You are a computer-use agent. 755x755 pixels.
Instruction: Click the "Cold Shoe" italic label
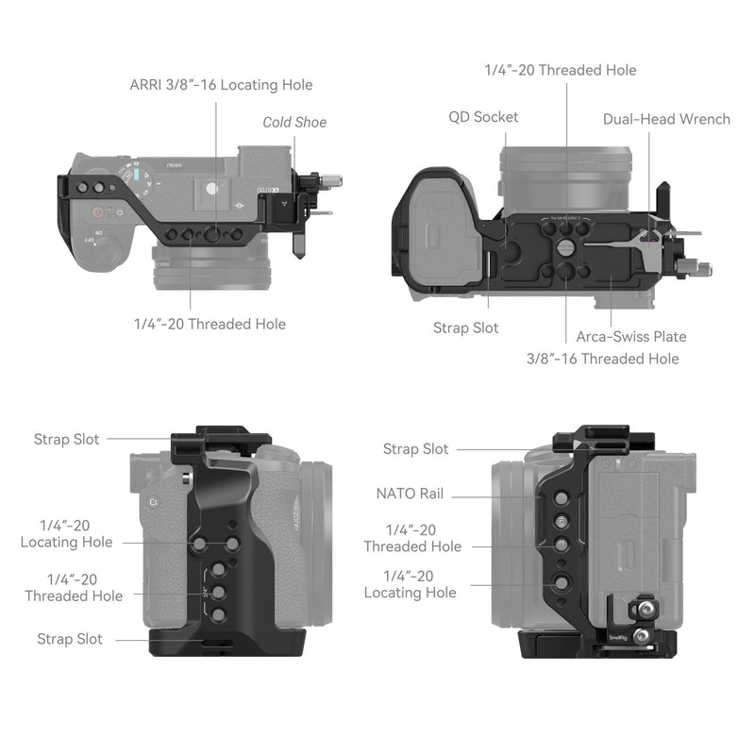tap(294, 122)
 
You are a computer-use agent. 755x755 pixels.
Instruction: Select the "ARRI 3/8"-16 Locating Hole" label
tap(221, 85)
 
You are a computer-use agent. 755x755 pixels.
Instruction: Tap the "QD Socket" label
tap(483, 117)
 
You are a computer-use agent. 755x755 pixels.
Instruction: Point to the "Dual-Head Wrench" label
tap(666, 119)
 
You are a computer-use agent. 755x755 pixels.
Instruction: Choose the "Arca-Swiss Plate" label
tap(631, 336)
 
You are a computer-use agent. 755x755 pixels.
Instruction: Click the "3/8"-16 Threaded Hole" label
tap(602, 359)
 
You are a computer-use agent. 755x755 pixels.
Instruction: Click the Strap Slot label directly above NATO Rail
tap(415, 449)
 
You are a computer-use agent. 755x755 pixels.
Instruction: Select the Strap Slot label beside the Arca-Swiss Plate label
tap(466, 327)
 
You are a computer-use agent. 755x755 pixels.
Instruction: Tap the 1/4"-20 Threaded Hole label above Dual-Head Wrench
tap(560, 70)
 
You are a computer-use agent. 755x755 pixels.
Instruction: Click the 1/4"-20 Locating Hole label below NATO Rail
tap(410, 584)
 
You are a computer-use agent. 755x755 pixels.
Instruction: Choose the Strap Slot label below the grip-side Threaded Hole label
tap(69, 639)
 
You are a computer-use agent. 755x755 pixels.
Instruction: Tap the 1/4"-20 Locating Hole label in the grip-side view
tap(66, 533)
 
